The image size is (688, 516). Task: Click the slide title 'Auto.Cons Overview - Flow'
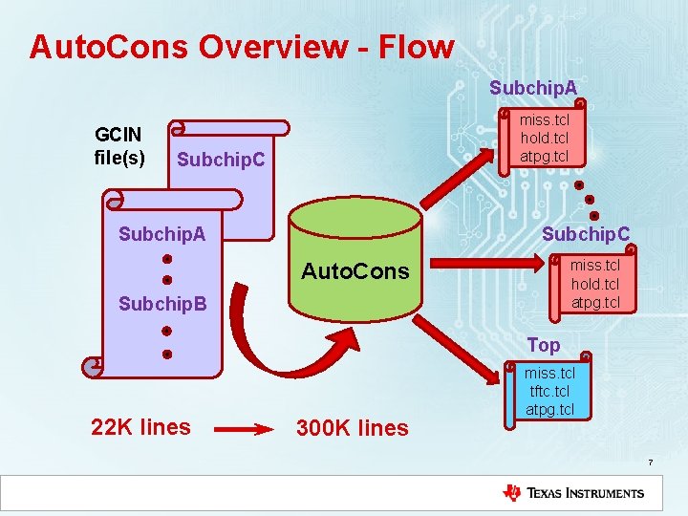tap(242, 47)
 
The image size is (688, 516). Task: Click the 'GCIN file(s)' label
tap(119, 145)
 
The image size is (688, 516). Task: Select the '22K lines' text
tap(140, 427)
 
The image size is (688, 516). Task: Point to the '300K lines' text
tap(352, 428)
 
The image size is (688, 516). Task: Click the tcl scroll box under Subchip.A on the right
tap(544, 138)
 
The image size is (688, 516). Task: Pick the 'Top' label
tap(544, 344)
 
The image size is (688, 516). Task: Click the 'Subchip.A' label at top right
tap(533, 88)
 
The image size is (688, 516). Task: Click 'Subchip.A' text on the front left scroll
tap(161, 234)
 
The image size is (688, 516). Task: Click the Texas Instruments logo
tap(573, 493)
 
